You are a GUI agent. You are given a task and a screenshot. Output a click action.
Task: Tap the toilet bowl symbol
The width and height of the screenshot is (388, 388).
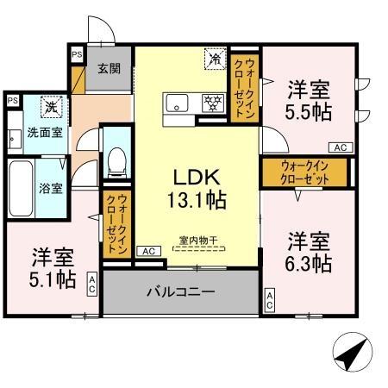(116, 162)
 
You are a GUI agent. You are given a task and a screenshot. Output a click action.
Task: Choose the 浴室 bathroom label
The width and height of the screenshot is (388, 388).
(50, 187)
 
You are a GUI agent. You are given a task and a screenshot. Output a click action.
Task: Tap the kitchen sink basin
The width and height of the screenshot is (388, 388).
(179, 106)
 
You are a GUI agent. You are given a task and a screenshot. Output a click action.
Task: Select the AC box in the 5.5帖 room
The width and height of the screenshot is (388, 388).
(340, 147)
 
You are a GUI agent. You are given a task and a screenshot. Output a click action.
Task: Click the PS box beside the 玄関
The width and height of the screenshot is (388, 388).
(77, 54)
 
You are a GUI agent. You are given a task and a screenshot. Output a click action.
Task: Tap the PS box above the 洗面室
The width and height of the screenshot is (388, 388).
(13, 101)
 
